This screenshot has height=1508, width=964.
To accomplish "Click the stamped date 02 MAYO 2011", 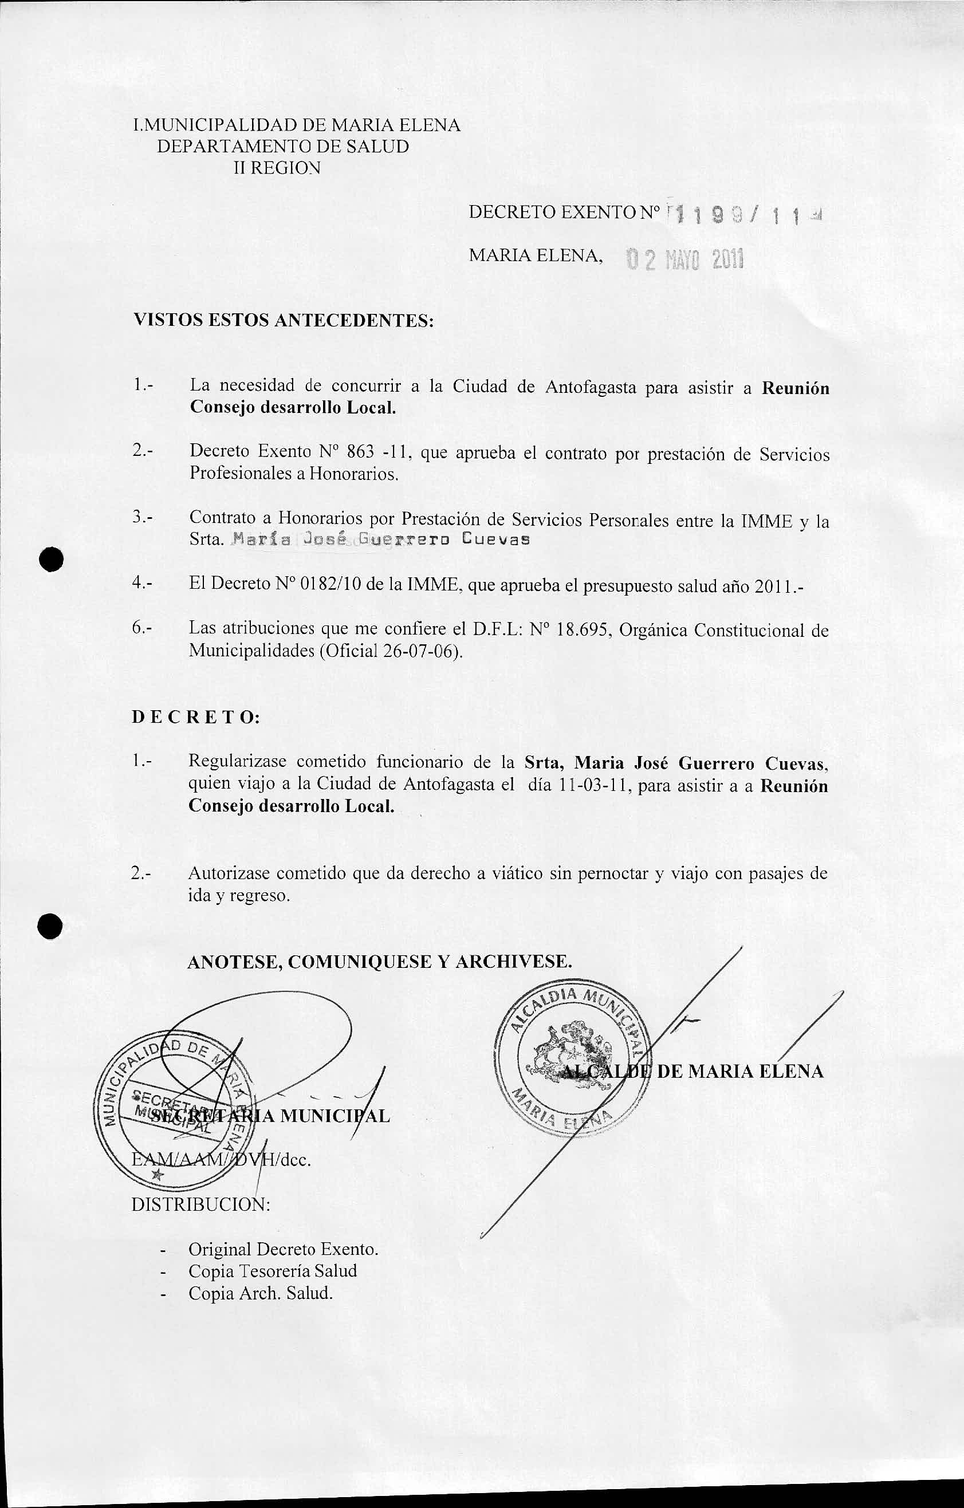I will coord(684,259).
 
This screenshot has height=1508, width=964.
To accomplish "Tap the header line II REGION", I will coord(277,168).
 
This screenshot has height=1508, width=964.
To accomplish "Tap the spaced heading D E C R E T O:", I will coord(196,718).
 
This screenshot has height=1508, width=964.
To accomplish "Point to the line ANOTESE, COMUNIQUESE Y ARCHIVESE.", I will coord(380,961).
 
